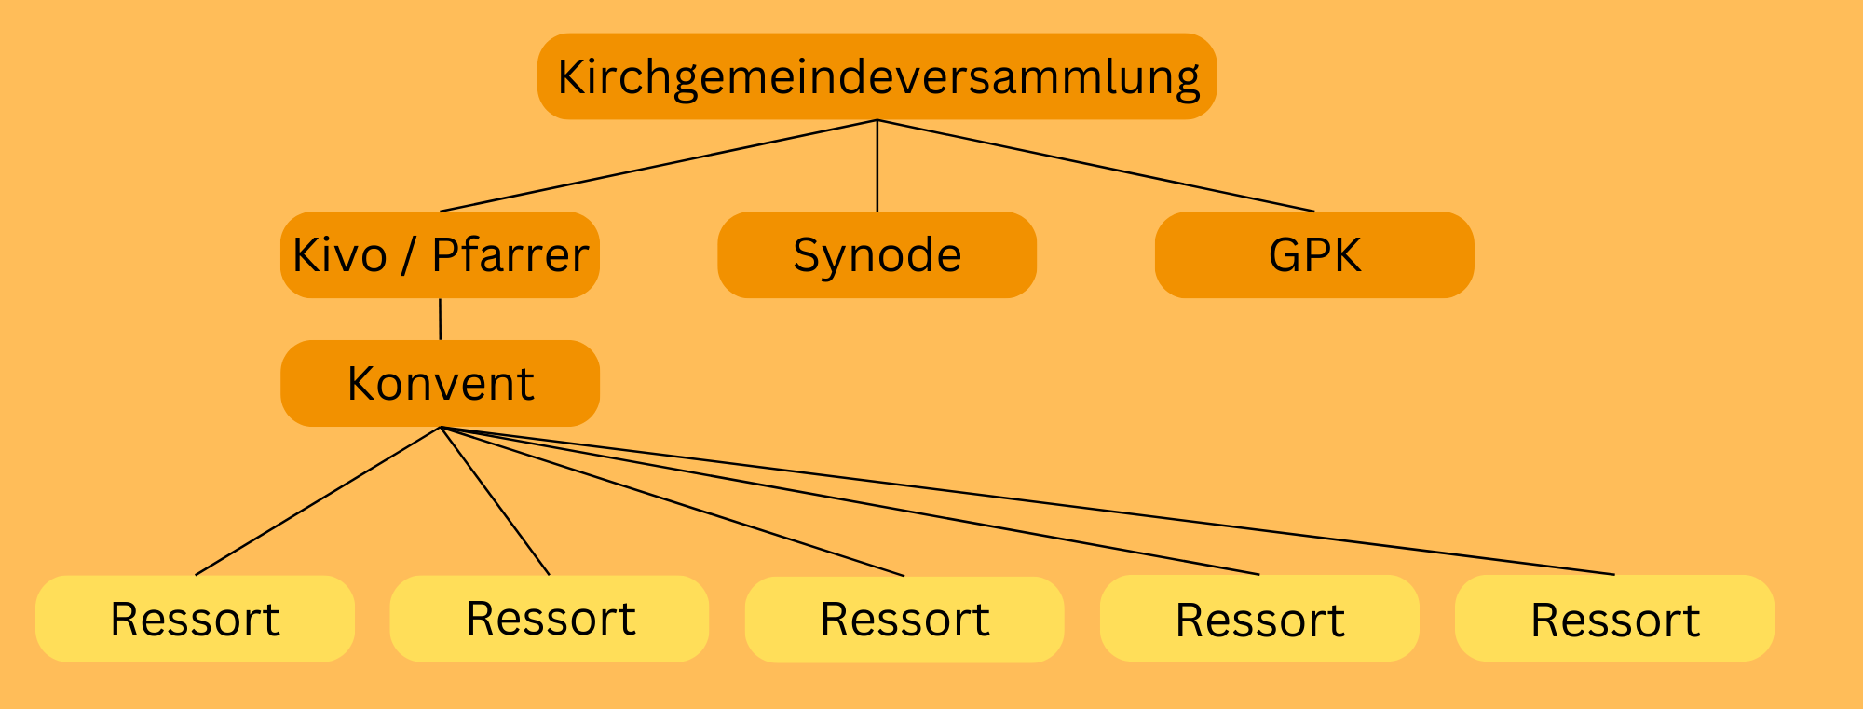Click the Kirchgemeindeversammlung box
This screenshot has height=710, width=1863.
click(877, 76)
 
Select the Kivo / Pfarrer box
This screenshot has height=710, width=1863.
click(440, 254)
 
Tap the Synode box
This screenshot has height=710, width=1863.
click(877, 254)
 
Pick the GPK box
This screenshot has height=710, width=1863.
click(1314, 254)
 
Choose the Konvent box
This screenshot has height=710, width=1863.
click(440, 383)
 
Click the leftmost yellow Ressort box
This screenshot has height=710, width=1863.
click(195, 619)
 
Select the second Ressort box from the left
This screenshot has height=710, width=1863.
click(550, 619)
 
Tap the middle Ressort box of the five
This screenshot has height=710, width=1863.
click(904, 620)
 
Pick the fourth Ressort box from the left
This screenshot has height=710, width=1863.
click(1259, 619)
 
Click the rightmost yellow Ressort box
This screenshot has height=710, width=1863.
click(1614, 619)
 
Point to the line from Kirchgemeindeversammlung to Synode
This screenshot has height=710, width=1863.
click(877, 166)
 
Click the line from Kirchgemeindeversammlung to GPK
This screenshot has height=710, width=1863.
click(1095, 166)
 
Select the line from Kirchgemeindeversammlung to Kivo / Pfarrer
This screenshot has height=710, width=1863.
click(658, 166)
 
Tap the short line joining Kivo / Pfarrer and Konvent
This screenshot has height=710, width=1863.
click(440, 319)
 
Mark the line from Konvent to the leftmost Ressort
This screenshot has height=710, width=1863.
click(317, 501)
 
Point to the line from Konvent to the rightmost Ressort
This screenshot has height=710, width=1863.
click(1027, 501)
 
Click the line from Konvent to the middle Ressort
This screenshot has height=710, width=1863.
click(672, 501)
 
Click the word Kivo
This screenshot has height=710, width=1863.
click(340, 255)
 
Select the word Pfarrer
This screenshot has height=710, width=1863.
click(510, 255)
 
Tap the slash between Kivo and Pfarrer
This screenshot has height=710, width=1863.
click(408, 255)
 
